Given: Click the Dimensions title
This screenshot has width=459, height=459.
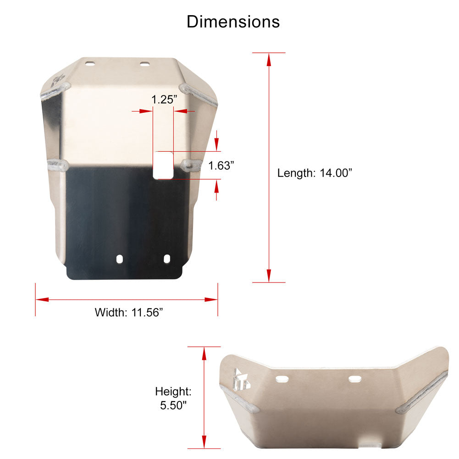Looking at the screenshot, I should [x=233, y=22].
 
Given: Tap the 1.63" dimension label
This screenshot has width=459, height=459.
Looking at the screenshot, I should [x=221, y=166].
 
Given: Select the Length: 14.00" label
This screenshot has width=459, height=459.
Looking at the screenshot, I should [x=315, y=173].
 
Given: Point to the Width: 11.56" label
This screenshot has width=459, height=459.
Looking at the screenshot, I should [x=129, y=313].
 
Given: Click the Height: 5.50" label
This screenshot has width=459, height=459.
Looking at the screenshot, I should [x=173, y=398].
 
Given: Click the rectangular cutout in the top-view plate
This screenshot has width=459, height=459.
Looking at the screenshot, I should [x=163, y=166].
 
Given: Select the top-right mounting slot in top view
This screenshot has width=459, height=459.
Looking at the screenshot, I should [x=145, y=64].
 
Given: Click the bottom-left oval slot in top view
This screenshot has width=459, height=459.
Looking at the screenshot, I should [x=120, y=259].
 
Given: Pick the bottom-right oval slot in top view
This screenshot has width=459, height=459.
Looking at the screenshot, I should [x=167, y=259].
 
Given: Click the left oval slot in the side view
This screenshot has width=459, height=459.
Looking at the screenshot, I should [x=282, y=379].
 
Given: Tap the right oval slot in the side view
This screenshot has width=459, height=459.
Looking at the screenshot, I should [x=355, y=379].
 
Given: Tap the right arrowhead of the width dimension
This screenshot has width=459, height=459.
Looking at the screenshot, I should [x=211, y=300].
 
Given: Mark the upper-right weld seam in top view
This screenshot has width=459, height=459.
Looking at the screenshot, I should [x=199, y=95].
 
